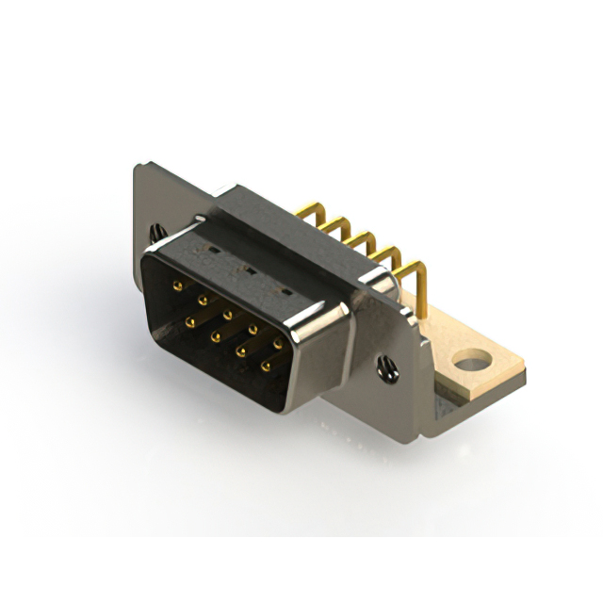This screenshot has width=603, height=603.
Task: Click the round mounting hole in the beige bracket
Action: tap(472, 360)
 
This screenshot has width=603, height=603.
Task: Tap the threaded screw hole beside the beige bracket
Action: tap(387, 368)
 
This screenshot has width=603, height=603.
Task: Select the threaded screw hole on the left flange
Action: tap(156, 232)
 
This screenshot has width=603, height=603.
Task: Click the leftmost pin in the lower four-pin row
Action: tap(189, 321)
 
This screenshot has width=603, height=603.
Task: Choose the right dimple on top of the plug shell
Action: tap(280, 289)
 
